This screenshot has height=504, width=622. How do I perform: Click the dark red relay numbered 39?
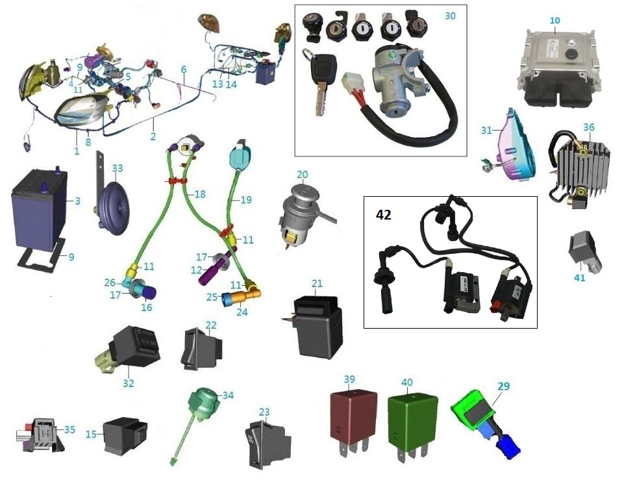tap(353, 416)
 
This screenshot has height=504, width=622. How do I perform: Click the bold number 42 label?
tap(384, 215)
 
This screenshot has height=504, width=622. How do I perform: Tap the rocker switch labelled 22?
tap(202, 349)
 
